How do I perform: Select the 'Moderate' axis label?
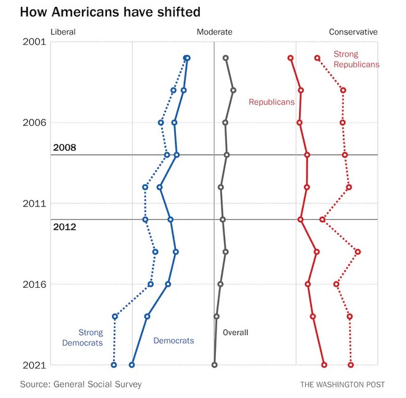[214, 32]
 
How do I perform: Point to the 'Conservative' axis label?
[353, 32]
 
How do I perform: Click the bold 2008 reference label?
[65, 147]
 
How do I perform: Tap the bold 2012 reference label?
[65, 227]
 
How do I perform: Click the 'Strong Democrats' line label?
[82, 338]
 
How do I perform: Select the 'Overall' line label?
[236, 333]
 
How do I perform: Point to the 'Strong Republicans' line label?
[356, 59]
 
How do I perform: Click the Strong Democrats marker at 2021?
[114, 365]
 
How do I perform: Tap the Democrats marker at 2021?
[132, 365]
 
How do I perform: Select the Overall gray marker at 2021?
[215, 365]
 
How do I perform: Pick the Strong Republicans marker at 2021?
[351, 365]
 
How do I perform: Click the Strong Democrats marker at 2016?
[150, 284]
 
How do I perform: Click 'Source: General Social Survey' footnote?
[81, 384]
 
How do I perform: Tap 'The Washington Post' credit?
[342, 384]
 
